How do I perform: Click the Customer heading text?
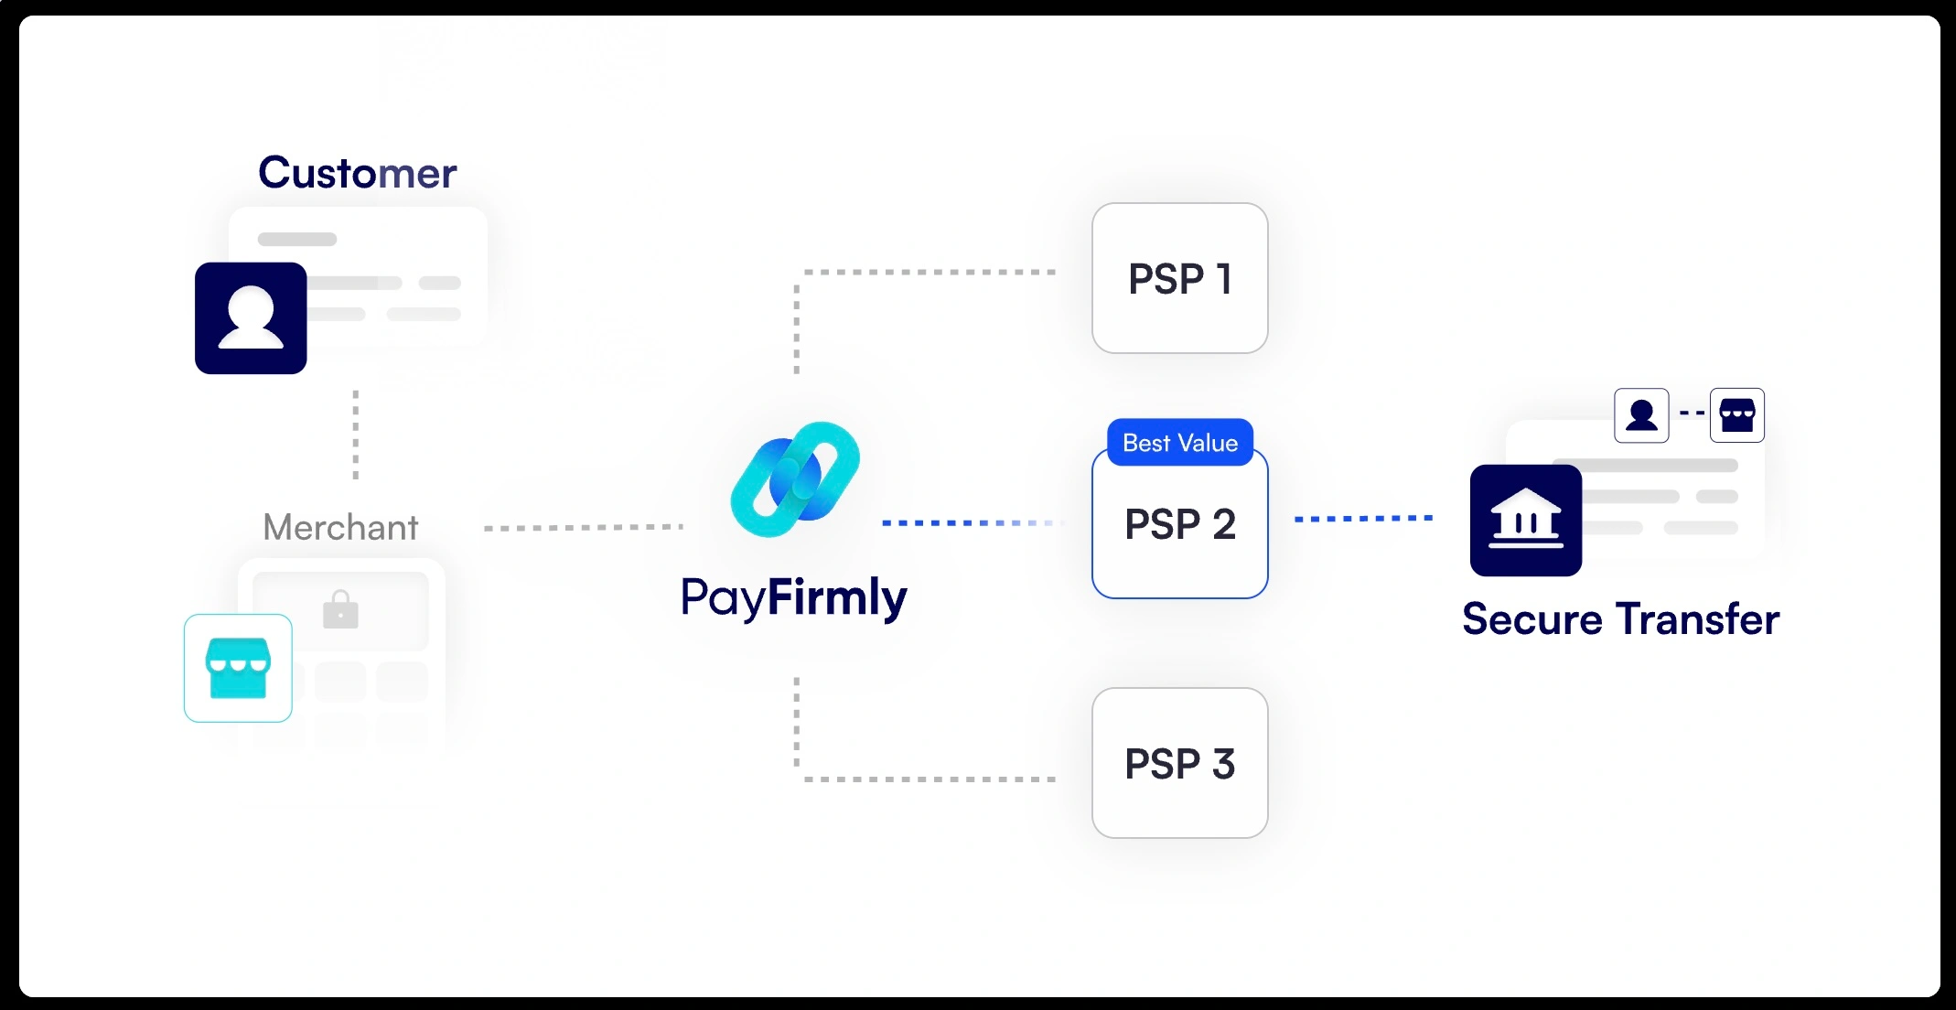pos(357,173)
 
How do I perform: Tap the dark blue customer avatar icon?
pos(251,318)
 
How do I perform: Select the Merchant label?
pos(340,527)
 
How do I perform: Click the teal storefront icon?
pos(238,668)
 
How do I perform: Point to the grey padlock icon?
pos(340,609)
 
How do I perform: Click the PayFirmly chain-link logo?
pos(795,479)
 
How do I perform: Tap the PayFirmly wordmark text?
pos(794,598)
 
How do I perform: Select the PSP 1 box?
pos(1179,278)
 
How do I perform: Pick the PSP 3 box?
pos(1179,763)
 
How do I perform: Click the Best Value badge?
pos(1179,443)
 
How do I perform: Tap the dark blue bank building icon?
pos(1525,521)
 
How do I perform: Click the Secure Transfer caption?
pos(1620,619)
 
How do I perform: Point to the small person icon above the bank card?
pos(1641,415)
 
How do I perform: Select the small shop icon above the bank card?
pos(1736,415)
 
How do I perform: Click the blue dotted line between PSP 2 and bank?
pos(1363,519)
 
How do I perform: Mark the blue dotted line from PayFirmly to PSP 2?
pos(970,522)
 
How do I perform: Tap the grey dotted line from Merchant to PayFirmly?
pos(583,528)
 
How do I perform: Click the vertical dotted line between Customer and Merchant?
pos(356,435)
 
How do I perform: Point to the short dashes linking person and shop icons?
pos(1691,414)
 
